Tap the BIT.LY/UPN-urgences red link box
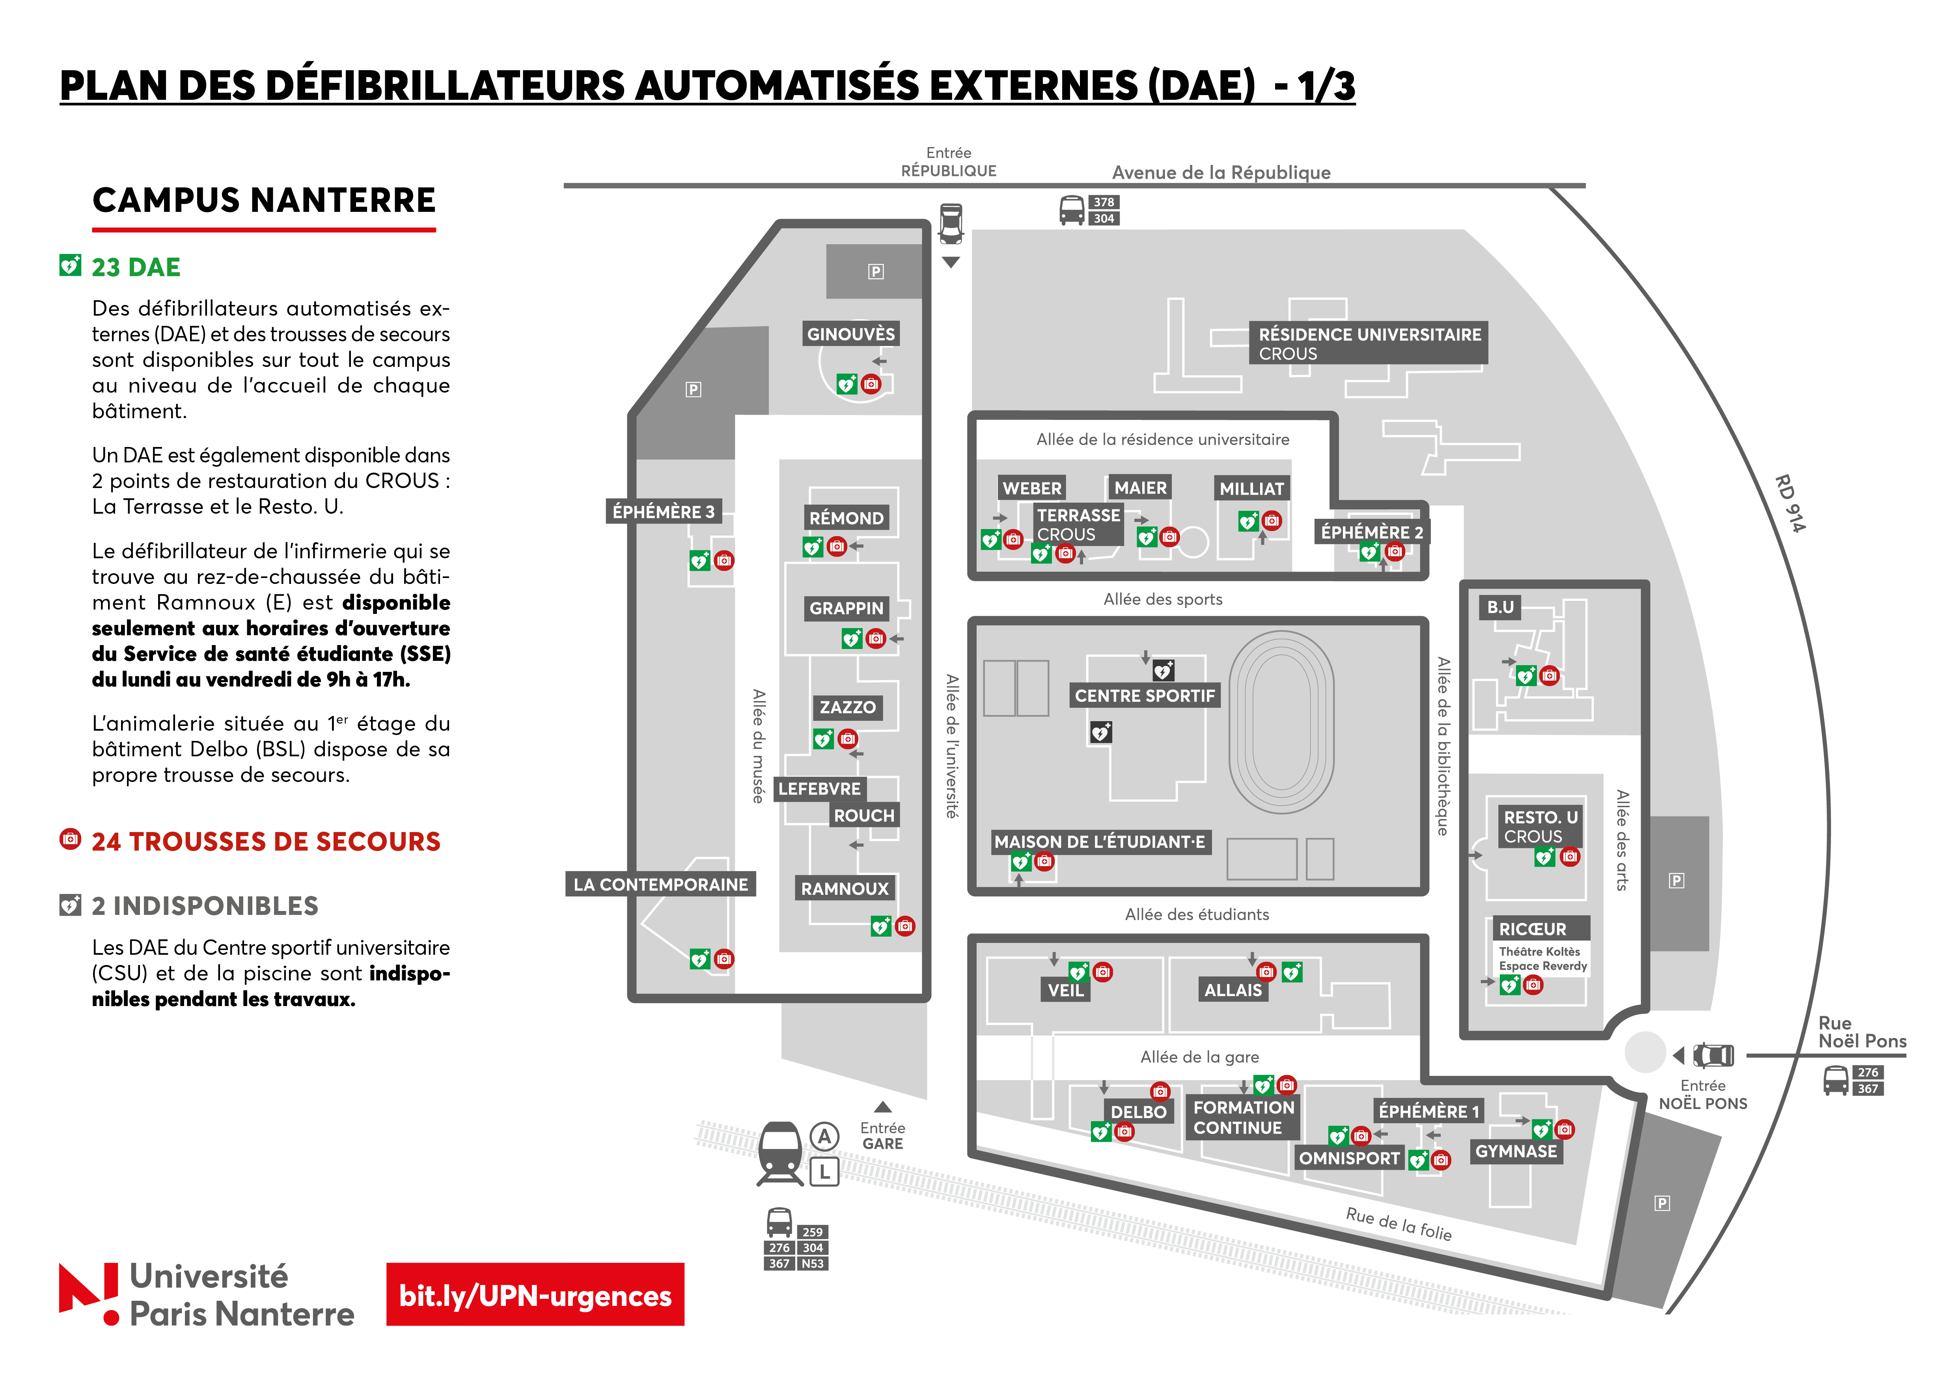pyautogui.click(x=535, y=1294)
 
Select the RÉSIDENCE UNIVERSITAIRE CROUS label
pyautogui.click(x=1369, y=344)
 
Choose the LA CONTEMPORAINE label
pyautogui.click(x=661, y=885)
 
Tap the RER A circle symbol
pyautogui.click(x=824, y=1136)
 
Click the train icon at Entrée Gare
pyautogui.click(x=780, y=1154)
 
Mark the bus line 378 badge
pyautogui.click(x=1104, y=202)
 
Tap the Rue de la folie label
pyautogui.click(x=1399, y=1224)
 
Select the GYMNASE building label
pyautogui.click(x=1516, y=1151)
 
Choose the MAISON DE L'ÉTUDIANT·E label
pyautogui.click(x=1100, y=842)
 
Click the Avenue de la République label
pyautogui.click(x=1221, y=172)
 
